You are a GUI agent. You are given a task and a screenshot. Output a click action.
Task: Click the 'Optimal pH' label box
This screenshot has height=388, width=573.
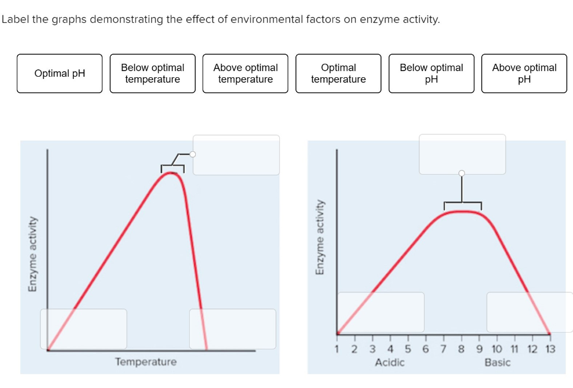60,73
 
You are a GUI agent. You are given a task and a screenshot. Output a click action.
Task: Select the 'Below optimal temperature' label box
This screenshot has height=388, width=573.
153,73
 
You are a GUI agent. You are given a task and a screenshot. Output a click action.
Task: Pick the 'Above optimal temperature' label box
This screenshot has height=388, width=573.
246,73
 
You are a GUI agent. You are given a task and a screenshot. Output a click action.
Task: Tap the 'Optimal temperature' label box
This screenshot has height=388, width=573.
339,73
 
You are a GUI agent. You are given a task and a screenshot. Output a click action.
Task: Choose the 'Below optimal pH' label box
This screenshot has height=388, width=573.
431,73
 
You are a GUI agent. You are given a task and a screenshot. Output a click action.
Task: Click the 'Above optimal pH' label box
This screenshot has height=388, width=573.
524,73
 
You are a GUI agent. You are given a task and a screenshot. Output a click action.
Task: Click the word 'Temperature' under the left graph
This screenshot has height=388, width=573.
145,362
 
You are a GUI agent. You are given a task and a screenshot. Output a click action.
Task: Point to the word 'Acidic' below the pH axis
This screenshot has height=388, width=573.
389,362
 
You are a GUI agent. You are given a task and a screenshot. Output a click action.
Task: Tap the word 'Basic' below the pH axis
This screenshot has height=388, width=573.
497,362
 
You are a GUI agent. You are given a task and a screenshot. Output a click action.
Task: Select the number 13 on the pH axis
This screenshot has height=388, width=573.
550,349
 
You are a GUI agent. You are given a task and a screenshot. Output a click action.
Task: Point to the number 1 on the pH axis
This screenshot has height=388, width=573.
337,349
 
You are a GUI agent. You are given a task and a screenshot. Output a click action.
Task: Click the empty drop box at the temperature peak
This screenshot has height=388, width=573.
236,155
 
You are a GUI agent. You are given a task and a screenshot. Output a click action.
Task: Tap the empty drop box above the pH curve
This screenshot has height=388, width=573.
462,154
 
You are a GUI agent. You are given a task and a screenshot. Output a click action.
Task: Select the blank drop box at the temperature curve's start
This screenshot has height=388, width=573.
83,329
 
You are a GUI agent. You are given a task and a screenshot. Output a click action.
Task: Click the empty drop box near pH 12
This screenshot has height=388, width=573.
529,312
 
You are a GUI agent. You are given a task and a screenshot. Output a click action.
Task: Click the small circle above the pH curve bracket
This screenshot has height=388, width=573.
462,173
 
